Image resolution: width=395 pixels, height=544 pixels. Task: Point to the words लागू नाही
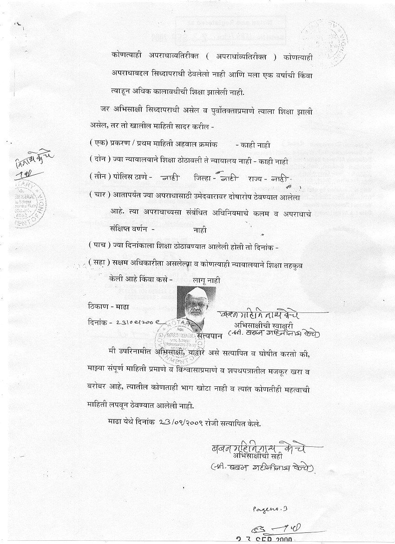(x=206, y=280)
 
